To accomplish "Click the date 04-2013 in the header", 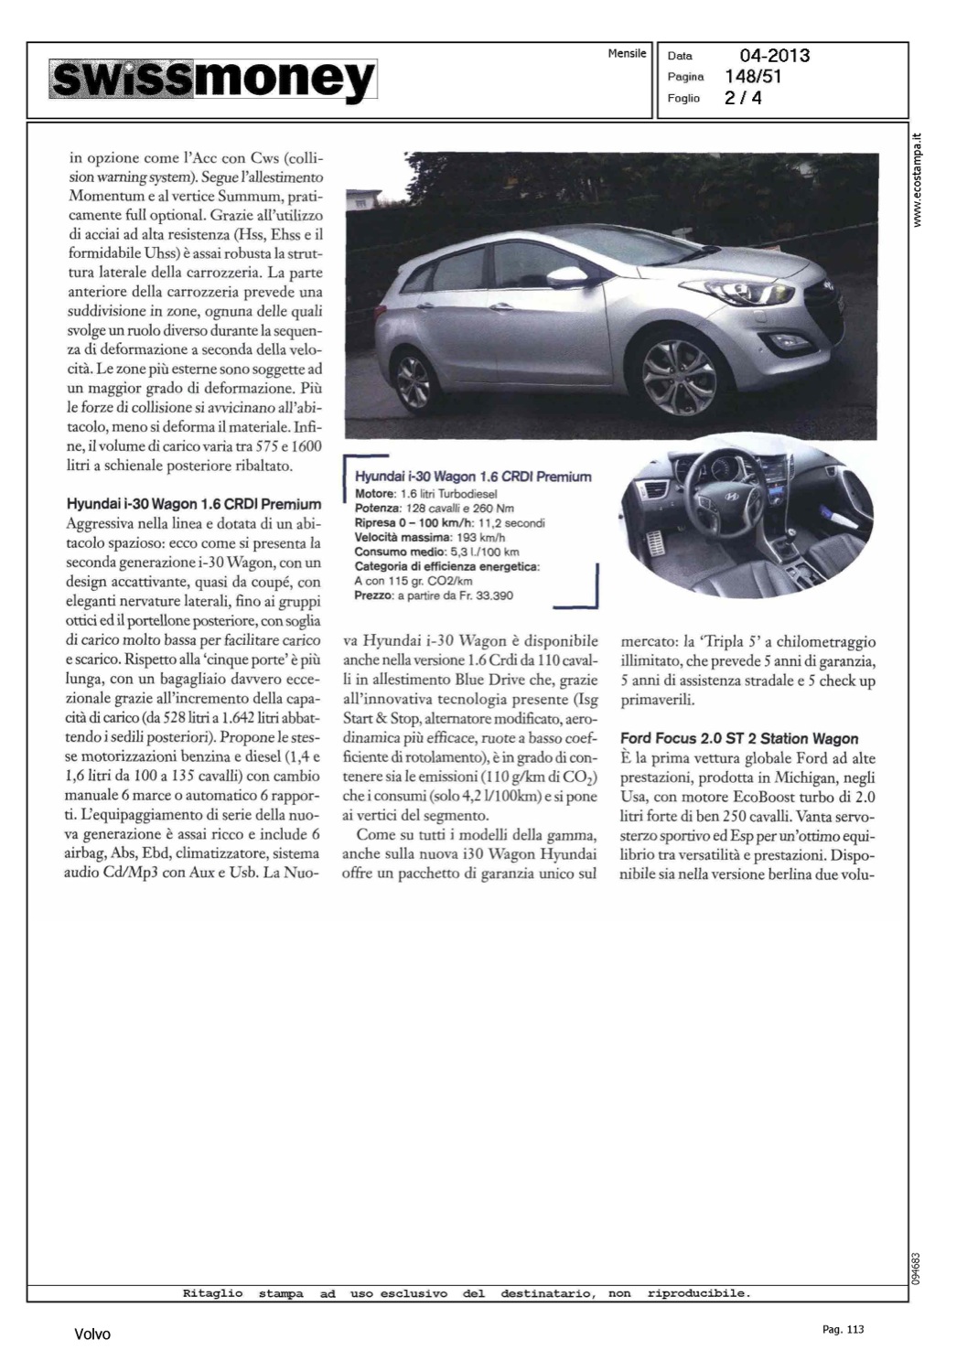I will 767,56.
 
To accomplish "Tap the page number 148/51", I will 753,76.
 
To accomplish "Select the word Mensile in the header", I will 627,54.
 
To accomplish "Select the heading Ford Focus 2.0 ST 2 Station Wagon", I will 739,738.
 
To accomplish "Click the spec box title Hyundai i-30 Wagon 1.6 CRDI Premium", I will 472,477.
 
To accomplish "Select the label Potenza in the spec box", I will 377,509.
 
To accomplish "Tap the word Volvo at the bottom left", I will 92,1334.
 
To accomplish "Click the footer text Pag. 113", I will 842,1329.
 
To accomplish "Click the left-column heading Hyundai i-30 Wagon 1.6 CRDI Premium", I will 195,504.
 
